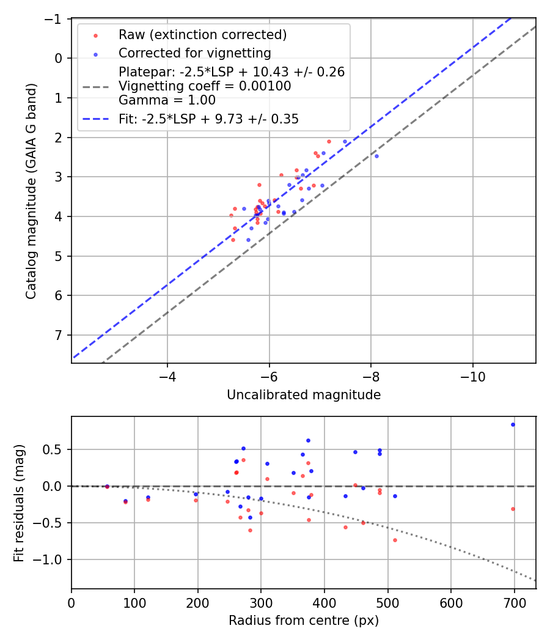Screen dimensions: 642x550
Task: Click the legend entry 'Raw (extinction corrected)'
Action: [x=202, y=34]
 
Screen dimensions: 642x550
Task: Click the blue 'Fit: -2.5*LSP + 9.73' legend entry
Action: [x=208, y=119]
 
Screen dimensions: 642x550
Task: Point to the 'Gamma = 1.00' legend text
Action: [x=167, y=100]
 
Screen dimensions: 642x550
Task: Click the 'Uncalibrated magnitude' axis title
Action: [x=304, y=395]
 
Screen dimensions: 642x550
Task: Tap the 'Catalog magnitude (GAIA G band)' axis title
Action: [x=31, y=191]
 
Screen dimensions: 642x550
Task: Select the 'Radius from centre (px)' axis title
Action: [x=304, y=621]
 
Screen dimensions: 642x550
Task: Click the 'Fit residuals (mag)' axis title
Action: [x=19, y=502]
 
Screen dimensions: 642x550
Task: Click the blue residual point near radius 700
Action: [x=513, y=424]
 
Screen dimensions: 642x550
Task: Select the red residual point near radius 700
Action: [x=513, y=509]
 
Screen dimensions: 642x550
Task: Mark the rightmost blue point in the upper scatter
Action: [x=376, y=156]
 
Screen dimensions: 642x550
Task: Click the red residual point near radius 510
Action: [x=395, y=540]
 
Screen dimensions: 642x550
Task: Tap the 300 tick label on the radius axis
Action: [x=261, y=602]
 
